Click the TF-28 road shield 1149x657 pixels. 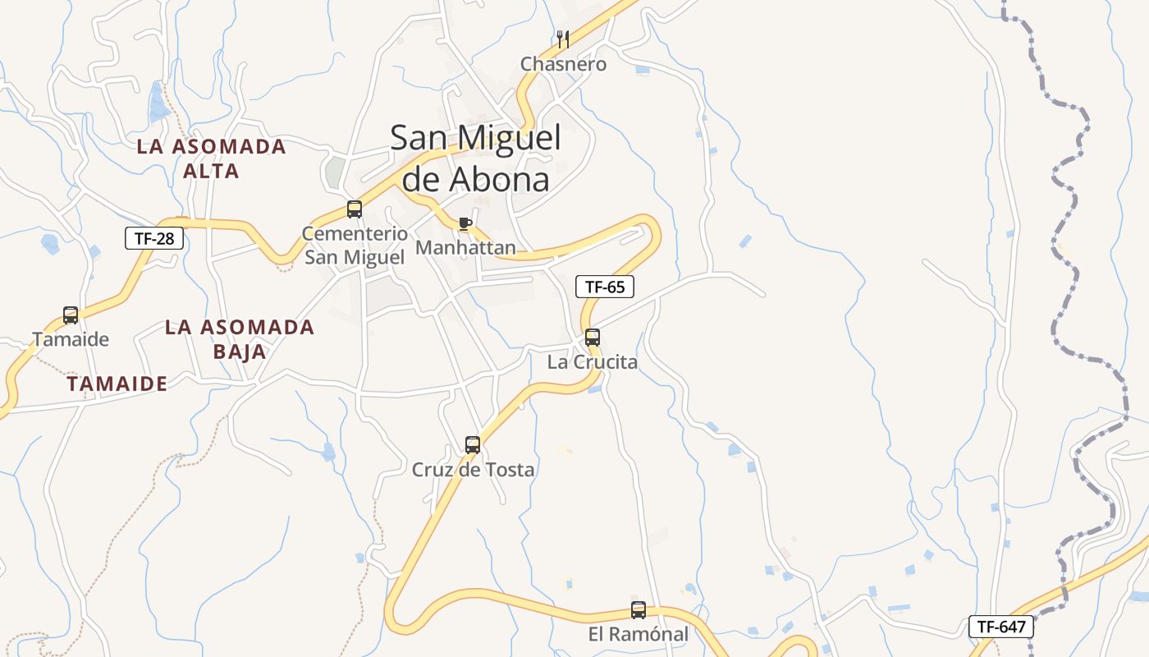[x=154, y=238]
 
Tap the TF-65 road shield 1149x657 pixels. [x=605, y=287]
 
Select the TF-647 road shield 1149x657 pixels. [x=1000, y=627]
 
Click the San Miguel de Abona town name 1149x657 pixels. [x=475, y=158]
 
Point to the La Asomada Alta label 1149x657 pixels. [x=212, y=159]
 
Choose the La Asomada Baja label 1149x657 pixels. [x=240, y=339]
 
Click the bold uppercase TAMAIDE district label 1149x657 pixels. [x=117, y=384]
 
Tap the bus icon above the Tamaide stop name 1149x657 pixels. [x=71, y=315]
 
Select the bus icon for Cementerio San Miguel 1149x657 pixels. [x=355, y=209]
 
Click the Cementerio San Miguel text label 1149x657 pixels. [x=355, y=245]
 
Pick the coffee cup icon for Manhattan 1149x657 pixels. [x=465, y=223]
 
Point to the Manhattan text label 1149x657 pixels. [x=466, y=247]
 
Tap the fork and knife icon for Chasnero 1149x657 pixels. [x=563, y=39]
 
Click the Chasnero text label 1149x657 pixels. [x=564, y=64]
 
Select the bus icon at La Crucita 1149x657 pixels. [x=593, y=337]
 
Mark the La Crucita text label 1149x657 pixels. [x=593, y=361]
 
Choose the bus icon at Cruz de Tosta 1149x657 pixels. [x=473, y=445]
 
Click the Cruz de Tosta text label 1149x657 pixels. [x=473, y=470]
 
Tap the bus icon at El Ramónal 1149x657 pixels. [x=639, y=610]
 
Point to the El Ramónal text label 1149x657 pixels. [x=639, y=635]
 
